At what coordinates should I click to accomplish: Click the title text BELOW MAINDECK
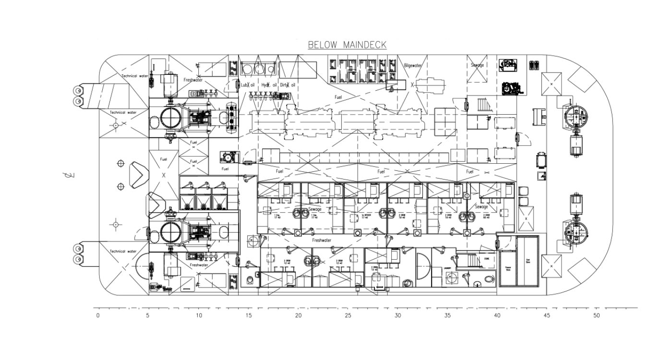347,45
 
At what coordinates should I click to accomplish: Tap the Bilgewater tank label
413,65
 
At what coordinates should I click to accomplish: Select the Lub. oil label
248,85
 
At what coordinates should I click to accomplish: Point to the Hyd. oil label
269,85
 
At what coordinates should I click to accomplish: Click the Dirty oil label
288,85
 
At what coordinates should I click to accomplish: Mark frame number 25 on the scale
348,315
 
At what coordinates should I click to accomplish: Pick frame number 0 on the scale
98,315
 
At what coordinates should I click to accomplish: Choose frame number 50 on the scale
597,315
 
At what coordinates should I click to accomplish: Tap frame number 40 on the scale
497,315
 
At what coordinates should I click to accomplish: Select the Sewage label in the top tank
477,65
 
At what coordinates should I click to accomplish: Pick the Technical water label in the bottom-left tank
122,251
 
